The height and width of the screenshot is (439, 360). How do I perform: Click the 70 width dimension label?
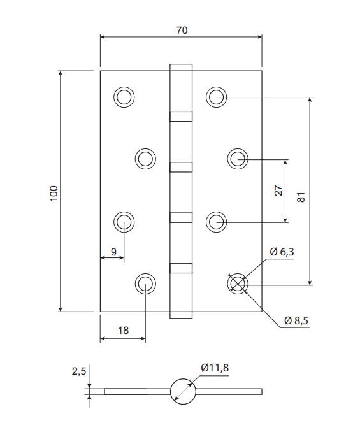pos(182,30)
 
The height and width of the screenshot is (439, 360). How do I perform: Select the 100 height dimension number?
pos(54,193)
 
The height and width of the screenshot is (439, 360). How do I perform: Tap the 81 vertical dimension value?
pos(301,197)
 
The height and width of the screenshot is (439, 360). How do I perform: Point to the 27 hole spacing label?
pos(278,191)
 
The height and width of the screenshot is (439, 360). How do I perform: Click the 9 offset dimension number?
pos(113,252)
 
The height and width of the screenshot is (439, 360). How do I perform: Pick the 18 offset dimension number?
pos(123,331)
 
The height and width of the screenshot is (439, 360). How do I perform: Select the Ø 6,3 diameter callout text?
pos(282,252)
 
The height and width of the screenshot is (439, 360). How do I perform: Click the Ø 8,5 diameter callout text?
pos(296,320)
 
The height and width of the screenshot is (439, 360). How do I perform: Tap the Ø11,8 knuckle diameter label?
pos(215,368)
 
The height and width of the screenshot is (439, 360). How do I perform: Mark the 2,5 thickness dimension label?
pos(79,371)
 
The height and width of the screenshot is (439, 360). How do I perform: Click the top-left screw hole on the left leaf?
pos(124,97)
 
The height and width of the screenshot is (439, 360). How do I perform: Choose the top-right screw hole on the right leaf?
pos(217,97)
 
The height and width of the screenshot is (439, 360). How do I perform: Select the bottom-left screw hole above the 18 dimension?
pos(145,284)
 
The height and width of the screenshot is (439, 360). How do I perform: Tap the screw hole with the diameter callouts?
pos(238,284)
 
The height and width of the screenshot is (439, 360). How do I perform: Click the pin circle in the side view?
pos(183,391)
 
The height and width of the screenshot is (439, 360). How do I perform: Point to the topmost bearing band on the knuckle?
pos(181,117)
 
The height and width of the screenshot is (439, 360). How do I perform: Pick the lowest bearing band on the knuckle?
pos(181,268)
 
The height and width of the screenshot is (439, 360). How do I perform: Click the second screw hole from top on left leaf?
pos(145,159)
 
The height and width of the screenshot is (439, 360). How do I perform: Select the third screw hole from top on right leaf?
pos(217,222)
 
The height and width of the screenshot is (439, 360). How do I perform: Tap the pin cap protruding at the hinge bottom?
pos(181,315)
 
